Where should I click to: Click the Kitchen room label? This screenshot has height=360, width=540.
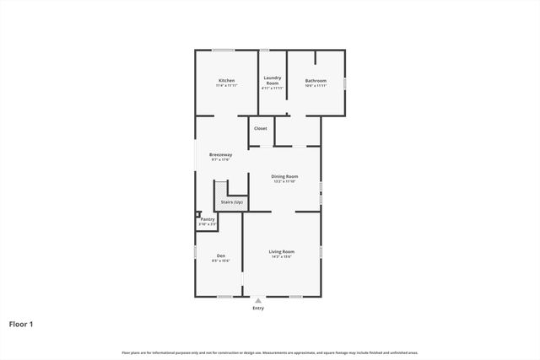(226, 81)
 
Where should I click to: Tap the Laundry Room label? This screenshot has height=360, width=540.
(273, 81)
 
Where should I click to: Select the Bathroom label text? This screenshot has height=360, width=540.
(316, 81)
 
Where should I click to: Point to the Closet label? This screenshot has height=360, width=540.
(261, 128)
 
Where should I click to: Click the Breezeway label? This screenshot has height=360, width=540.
(221, 154)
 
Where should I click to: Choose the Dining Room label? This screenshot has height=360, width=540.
(284, 176)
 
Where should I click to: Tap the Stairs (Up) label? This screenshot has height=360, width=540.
(231, 202)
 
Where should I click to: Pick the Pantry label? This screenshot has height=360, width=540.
(208, 219)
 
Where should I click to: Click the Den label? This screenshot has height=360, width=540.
(220, 255)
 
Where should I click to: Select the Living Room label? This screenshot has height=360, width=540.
(282, 251)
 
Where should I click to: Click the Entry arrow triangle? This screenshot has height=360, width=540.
(258, 300)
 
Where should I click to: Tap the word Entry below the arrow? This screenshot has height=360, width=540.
(258, 308)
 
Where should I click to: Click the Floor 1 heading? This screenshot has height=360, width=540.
(21, 324)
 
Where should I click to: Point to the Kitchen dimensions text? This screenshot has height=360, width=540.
(226, 86)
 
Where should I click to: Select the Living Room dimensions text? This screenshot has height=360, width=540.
(282, 256)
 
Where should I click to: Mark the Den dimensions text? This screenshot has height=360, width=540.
(220, 261)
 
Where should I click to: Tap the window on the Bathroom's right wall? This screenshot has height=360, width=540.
(345, 82)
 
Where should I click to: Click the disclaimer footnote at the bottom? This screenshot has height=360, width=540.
(270, 352)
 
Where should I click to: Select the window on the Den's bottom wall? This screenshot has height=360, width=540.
(224, 297)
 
